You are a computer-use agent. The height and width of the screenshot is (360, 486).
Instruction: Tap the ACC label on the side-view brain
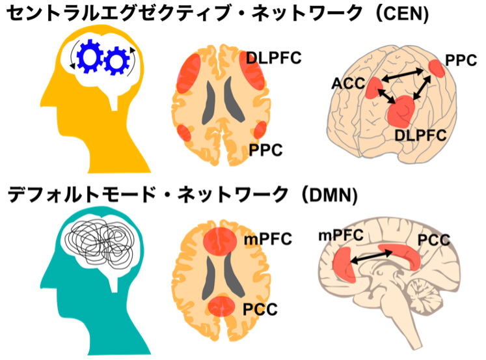347,84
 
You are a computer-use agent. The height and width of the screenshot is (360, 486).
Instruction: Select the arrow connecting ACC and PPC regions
403,77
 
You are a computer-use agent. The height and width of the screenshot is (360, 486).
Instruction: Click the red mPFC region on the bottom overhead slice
219,242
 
